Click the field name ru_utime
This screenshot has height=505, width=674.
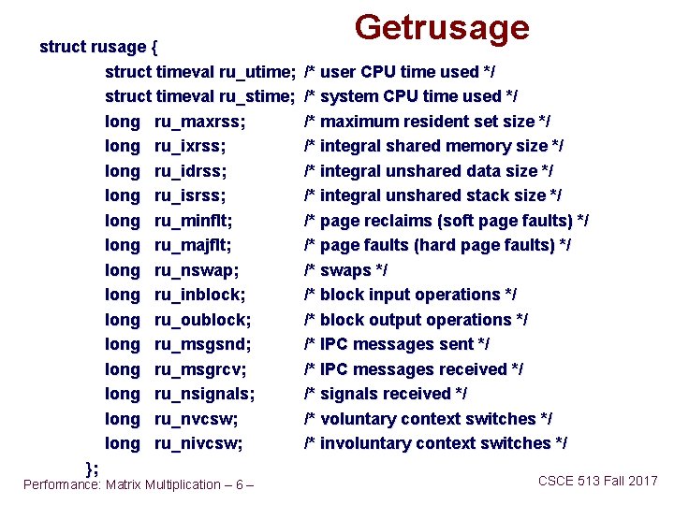pos(258,72)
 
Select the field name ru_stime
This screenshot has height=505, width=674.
pos(258,96)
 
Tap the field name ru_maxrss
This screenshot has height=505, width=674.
pos(200,122)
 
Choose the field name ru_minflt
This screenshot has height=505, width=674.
pos(194,221)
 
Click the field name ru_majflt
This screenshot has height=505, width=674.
pos(194,245)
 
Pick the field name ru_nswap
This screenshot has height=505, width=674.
pos(197,270)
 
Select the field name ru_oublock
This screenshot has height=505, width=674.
pos(202,320)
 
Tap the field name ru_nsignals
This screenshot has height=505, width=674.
pos(205,394)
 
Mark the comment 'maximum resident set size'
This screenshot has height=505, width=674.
pos(427,122)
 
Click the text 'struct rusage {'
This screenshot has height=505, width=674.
pos(99,47)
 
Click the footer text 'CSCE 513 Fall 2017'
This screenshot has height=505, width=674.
pos(597,481)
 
